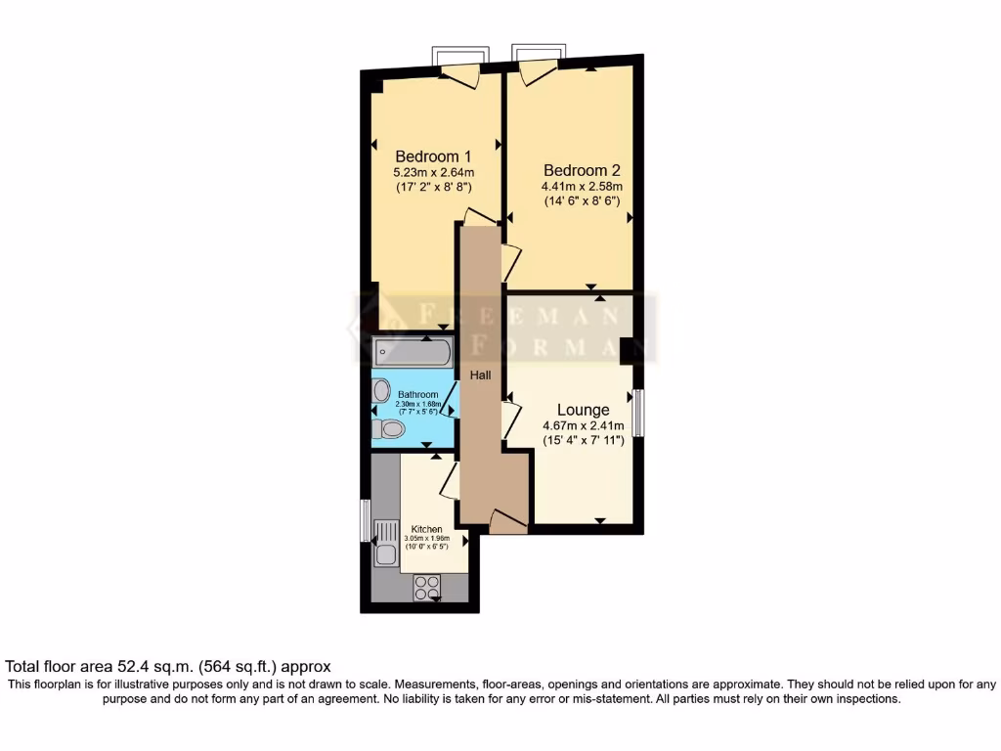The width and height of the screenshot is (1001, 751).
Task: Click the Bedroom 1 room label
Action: point(433,156)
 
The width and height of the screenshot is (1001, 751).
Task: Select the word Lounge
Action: point(584,410)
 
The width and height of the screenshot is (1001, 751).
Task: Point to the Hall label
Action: point(480,375)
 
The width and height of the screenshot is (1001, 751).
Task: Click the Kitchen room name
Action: point(426,529)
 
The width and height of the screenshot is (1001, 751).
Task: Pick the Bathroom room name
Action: point(417,395)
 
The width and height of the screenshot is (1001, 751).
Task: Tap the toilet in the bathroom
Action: point(389,428)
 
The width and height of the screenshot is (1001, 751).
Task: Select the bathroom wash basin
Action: point(381,390)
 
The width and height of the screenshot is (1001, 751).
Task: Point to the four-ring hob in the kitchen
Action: point(427,587)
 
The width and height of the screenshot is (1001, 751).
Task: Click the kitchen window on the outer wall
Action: point(366,520)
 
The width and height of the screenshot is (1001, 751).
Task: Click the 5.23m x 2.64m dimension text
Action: point(433,173)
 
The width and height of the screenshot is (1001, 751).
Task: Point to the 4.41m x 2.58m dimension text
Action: point(583,186)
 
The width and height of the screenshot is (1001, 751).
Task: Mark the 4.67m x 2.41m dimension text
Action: point(584,426)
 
